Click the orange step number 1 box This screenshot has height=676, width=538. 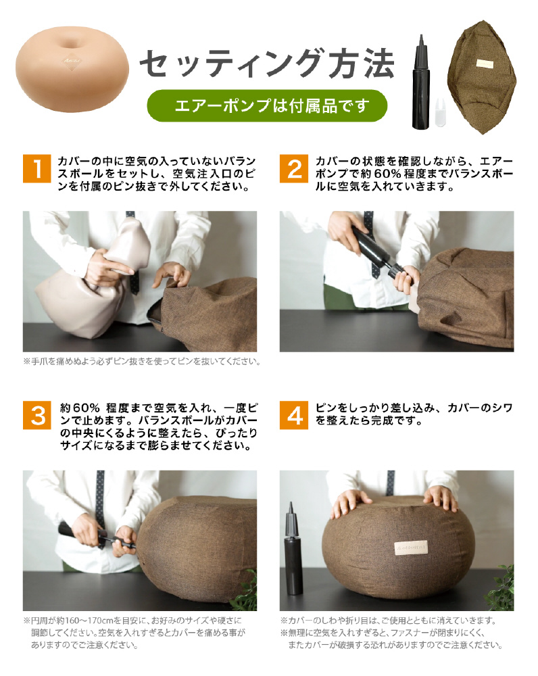[37, 168]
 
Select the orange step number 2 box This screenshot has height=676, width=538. [293, 168]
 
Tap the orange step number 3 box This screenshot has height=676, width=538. [37, 415]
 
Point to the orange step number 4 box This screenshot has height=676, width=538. [293, 415]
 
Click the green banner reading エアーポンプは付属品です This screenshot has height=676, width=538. [267, 105]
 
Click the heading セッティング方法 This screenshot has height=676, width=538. [267, 64]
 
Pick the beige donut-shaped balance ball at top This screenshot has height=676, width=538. [72, 69]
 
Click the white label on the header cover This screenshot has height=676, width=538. [485, 64]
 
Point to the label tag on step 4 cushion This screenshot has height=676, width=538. [412, 548]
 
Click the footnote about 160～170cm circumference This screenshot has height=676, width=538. [134, 633]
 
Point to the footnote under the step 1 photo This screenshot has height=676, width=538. [142, 361]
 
